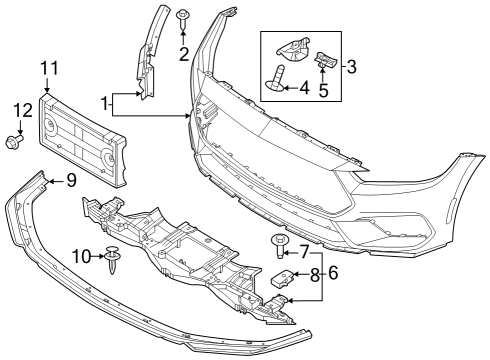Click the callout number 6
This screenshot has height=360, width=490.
click(x=334, y=272)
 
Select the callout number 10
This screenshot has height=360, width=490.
click(x=82, y=258)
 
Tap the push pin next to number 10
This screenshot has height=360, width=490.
click(x=114, y=261)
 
